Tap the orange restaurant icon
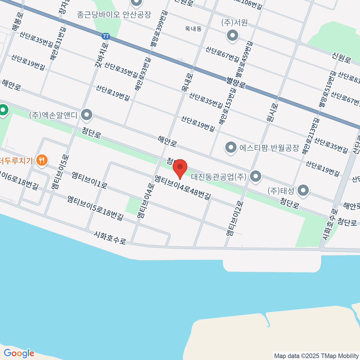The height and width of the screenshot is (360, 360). [42, 160]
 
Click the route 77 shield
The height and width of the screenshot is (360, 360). [105, 36]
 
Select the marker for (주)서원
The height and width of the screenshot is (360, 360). [232, 36]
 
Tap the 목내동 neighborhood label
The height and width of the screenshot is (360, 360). [193, 29]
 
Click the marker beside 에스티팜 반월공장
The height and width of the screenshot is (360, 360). [231, 148]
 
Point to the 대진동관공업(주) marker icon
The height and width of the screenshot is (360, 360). [256, 177]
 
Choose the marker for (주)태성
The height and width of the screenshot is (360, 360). [304, 190]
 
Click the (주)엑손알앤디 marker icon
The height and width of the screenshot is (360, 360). [87, 115]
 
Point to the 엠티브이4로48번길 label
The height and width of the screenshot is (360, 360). [182, 187]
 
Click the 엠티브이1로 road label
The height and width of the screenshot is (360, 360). [89, 180]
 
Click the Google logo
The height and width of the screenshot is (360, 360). [19, 353]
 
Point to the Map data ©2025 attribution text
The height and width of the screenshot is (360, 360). [316, 356]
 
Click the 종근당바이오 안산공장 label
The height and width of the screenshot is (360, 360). [114, 14]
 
